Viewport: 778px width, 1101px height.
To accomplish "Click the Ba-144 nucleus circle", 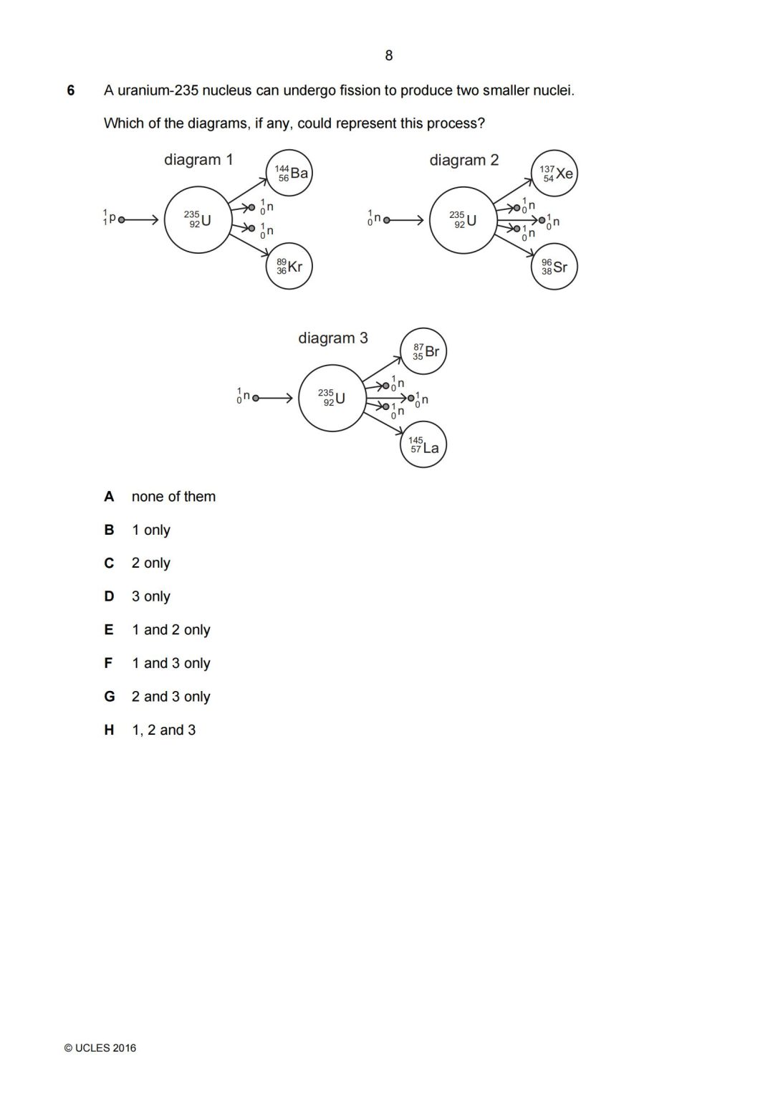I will (x=289, y=173).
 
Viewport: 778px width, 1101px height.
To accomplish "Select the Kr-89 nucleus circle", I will (x=289, y=267).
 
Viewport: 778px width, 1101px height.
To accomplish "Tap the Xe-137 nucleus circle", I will (x=554, y=173).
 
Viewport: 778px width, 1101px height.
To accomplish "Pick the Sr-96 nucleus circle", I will (x=554, y=267).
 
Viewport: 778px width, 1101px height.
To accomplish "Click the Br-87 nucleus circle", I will (x=423, y=351).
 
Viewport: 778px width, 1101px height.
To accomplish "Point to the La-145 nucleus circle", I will (x=423, y=445).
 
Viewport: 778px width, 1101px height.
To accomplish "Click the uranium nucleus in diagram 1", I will (x=198, y=220).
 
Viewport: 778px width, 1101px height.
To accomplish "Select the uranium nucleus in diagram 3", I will (x=332, y=398).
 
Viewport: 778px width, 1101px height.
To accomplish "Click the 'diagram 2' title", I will (x=464, y=160).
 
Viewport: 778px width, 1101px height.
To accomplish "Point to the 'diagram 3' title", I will (x=333, y=338).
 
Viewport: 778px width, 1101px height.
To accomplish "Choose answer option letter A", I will (x=109, y=497).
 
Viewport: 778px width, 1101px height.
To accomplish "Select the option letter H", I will (x=109, y=730).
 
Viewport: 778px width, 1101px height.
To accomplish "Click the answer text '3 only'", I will (x=150, y=596).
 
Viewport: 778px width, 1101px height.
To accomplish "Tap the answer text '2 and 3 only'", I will (x=171, y=697).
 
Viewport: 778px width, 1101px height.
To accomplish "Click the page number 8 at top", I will (x=389, y=56).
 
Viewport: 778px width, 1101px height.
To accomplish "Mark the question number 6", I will (x=71, y=91).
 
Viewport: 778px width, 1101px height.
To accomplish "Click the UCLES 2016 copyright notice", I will (x=100, y=1048).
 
